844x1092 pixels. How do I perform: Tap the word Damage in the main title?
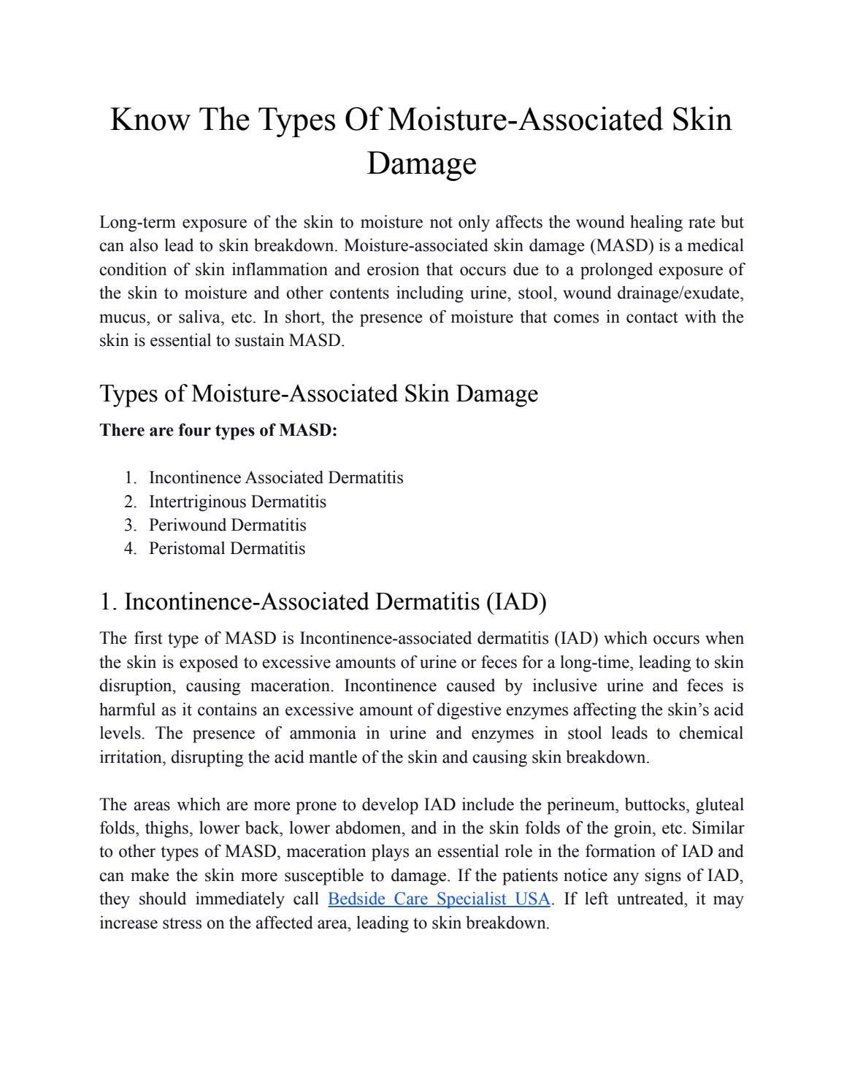point(421,163)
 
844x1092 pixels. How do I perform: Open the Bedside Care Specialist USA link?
point(439,899)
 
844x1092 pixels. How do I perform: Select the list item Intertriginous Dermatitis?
point(237,501)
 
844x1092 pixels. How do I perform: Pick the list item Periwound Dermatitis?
point(227,525)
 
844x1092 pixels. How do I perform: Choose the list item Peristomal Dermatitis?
point(227,548)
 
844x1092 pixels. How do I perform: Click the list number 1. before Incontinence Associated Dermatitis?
point(131,478)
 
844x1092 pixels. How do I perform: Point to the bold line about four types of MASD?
point(218,430)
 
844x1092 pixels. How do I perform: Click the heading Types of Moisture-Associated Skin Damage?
point(318,393)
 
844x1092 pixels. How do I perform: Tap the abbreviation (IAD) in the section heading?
point(514,602)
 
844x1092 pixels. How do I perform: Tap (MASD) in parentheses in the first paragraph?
point(621,246)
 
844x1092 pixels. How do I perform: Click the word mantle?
point(333,757)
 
